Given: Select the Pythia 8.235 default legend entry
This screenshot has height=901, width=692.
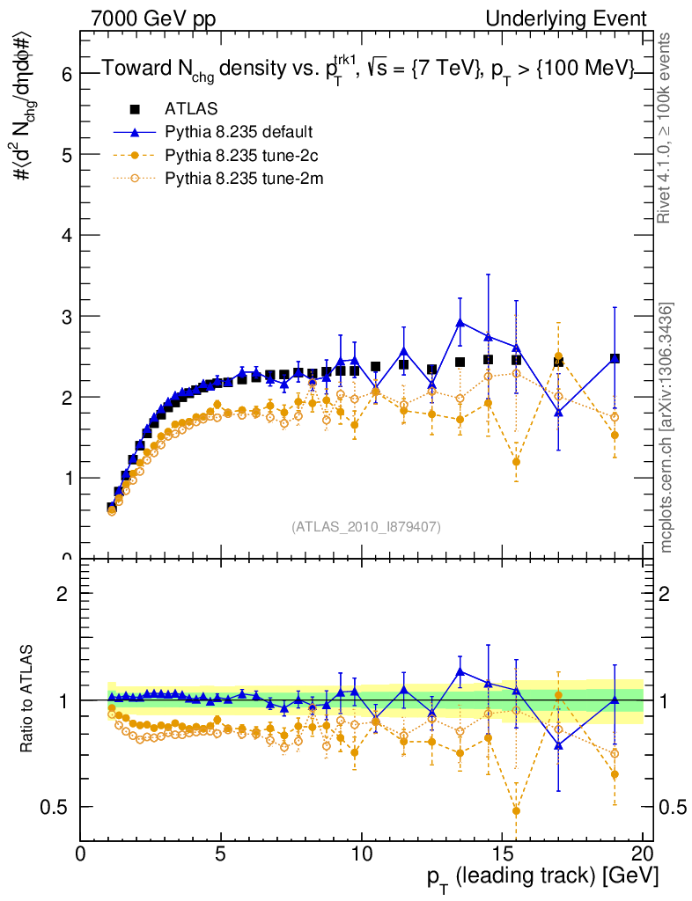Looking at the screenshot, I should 239,133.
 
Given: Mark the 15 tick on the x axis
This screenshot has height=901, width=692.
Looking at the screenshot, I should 503,853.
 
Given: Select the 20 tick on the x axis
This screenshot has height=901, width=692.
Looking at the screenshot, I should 643,853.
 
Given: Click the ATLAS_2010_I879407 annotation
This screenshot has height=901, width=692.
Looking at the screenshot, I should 366,526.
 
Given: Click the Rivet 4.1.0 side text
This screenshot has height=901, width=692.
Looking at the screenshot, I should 667,128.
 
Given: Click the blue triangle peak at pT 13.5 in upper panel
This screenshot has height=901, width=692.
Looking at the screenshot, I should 460,322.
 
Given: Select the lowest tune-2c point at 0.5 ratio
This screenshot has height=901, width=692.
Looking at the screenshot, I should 516,810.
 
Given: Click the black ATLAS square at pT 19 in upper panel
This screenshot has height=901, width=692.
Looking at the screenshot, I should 615,359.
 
